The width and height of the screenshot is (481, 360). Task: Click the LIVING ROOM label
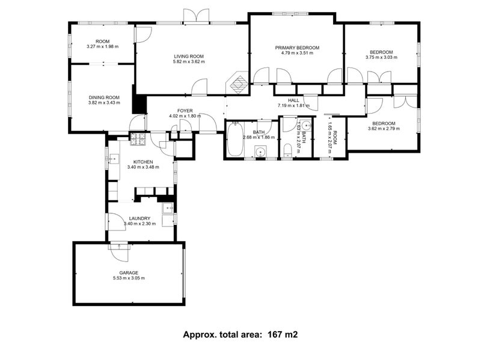pos(189,56)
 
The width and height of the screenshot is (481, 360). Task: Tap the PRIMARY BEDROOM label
pos(297,47)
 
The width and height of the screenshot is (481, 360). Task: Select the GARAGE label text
pos(129,272)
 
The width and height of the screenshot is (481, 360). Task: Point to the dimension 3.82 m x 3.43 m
pos(104,103)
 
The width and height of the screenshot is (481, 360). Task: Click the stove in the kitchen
pos(139,140)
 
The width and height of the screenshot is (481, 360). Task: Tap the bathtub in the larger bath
pos(234,140)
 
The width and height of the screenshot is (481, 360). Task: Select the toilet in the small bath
pos(287,150)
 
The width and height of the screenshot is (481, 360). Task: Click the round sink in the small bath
pos(305,126)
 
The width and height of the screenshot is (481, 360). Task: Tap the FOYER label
pos(185,111)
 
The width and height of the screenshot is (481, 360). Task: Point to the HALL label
pos(293,100)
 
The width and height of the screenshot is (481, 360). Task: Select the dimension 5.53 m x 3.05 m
pos(129,278)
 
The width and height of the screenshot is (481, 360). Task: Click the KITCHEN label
pos(143,161)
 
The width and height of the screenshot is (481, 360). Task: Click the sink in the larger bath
pos(260,151)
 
